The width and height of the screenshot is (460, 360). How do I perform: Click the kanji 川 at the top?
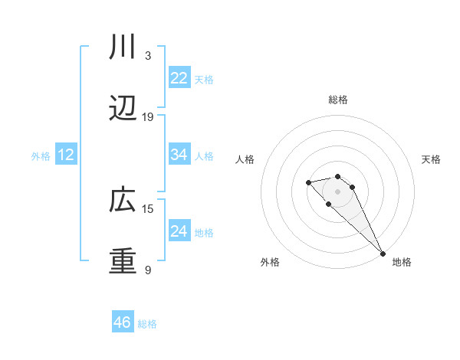[123, 47]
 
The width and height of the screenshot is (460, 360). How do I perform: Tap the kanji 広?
[123, 200]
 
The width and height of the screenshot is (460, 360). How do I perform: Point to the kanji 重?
[123, 261]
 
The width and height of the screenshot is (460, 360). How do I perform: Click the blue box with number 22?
[179, 78]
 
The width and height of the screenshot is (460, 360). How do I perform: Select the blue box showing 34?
[179, 155]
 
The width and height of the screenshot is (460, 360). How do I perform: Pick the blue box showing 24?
[179, 231]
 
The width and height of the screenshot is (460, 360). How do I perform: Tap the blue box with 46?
[123, 322]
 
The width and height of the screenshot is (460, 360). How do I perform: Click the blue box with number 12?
[66, 155]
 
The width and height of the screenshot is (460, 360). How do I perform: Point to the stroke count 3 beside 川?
[148, 56]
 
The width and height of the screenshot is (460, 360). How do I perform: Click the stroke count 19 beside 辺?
[148, 117]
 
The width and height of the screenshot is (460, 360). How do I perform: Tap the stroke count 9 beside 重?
[148, 270]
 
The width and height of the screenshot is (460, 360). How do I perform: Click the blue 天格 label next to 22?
[204, 79]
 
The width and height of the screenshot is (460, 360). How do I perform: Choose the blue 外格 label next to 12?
[41, 155]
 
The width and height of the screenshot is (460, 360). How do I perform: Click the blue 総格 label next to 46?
[147, 324]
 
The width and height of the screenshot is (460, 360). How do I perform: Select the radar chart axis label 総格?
[338, 100]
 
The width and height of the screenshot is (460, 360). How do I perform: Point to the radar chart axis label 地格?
[402, 262]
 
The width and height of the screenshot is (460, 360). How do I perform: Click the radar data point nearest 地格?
[383, 254]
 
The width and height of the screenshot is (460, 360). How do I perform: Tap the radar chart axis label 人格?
[245, 159]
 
